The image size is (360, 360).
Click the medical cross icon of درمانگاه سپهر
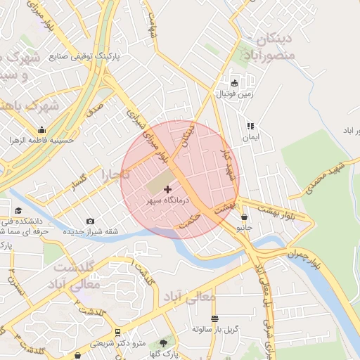pos(167,189)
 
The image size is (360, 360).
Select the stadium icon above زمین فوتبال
pos(235,82)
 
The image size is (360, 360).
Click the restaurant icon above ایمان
pos(250,127)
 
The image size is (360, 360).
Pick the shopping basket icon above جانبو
pos(244,217)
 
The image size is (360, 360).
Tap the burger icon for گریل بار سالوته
pos(215,318)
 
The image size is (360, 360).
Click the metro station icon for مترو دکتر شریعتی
pos(117,332)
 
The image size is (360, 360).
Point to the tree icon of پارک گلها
pos(165,342)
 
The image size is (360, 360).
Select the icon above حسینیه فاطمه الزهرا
pos(41,129)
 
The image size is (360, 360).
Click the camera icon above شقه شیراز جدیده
pos(91,221)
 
